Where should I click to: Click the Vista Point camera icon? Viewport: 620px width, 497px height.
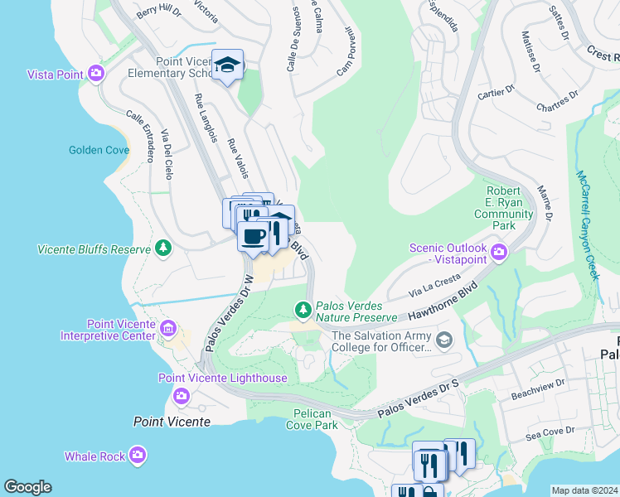pyautogui.click(x=96, y=75)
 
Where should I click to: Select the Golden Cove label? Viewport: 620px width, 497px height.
pyautogui.click(x=99, y=150)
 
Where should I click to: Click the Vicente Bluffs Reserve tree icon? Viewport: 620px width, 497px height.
pyautogui.click(x=163, y=248)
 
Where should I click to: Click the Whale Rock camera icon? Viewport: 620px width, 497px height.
pyautogui.click(x=138, y=456)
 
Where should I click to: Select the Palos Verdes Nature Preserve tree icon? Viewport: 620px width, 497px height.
pyautogui.click(x=303, y=310)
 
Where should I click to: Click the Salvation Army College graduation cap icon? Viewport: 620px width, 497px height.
pyautogui.click(x=444, y=340)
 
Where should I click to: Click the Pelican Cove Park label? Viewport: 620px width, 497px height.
pyautogui.click(x=315, y=419)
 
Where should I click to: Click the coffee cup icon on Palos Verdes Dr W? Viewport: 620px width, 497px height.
pyautogui.click(x=253, y=236)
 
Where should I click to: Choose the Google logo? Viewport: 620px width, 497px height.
pyautogui.click(x=27, y=487)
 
